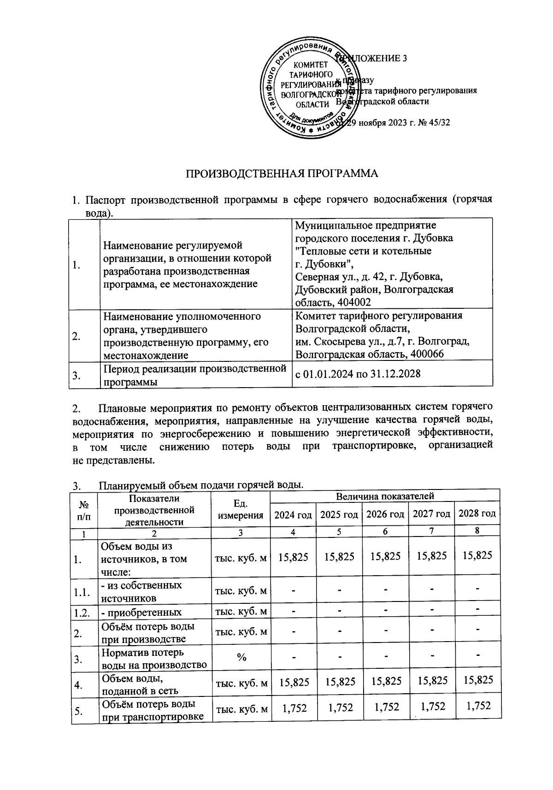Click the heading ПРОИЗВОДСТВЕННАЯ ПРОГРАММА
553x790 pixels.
(282, 174)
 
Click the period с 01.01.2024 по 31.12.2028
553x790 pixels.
(358, 374)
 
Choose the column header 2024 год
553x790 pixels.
(293, 514)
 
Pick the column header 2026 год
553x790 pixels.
(385, 514)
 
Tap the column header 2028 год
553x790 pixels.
(477, 513)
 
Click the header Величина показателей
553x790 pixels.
(385, 496)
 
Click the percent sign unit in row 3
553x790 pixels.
(241, 657)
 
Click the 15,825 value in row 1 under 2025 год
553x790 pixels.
(339, 557)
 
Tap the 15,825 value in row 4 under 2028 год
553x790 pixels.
(478, 680)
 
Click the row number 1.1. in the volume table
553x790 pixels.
(82, 592)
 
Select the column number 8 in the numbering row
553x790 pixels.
(477, 530)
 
